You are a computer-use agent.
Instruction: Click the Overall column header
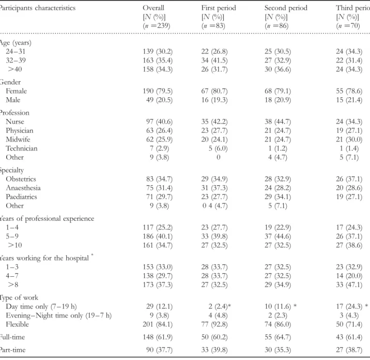153,8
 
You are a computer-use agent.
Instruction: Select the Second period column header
286,8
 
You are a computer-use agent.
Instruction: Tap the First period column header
219,8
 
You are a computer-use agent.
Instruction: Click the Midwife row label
18,139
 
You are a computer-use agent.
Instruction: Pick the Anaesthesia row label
23,188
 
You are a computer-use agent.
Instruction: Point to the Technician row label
22,148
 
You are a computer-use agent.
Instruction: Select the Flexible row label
17,324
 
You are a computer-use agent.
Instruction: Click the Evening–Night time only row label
58,316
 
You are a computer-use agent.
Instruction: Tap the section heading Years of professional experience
47,218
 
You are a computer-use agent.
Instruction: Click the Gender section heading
10,82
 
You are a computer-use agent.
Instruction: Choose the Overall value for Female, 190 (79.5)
158,91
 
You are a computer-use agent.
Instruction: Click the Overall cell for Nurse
159,122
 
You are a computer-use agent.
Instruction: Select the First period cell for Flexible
214,324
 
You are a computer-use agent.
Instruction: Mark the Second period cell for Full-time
277,337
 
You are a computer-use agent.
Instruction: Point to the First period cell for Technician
218,148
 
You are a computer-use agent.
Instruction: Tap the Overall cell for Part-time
159,350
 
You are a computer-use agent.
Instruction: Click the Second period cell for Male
277,100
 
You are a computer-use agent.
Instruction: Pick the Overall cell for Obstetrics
159,179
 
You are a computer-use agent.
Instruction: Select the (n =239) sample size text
156,25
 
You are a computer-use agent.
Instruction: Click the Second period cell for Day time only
281,306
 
